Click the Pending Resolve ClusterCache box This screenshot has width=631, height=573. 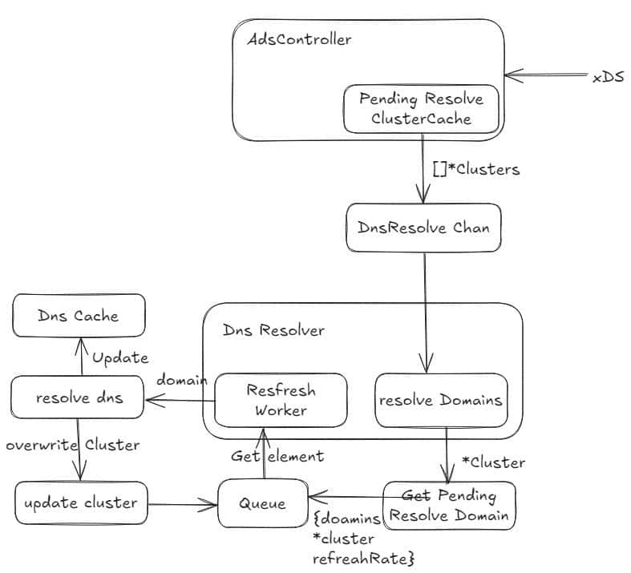(x=421, y=110)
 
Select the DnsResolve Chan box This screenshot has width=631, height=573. (x=423, y=228)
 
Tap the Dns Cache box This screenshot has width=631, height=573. (x=79, y=315)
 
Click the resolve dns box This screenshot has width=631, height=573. (x=79, y=397)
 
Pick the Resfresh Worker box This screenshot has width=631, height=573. (x=281, y=400)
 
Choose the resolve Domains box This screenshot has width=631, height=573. (x=441, y=400)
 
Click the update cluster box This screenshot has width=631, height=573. (x=81, y=503)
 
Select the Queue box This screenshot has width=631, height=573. (x=264, y=504)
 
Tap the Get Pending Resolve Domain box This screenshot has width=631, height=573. (x=449, y=505)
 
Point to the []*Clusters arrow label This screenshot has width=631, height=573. (x=475, y=169)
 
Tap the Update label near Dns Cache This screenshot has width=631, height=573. (x=120, y=357)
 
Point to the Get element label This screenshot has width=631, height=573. (x=277, y=456)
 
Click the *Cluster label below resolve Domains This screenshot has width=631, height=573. (x=493, y=462)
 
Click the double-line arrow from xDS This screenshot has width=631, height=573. (x=545, y=76)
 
